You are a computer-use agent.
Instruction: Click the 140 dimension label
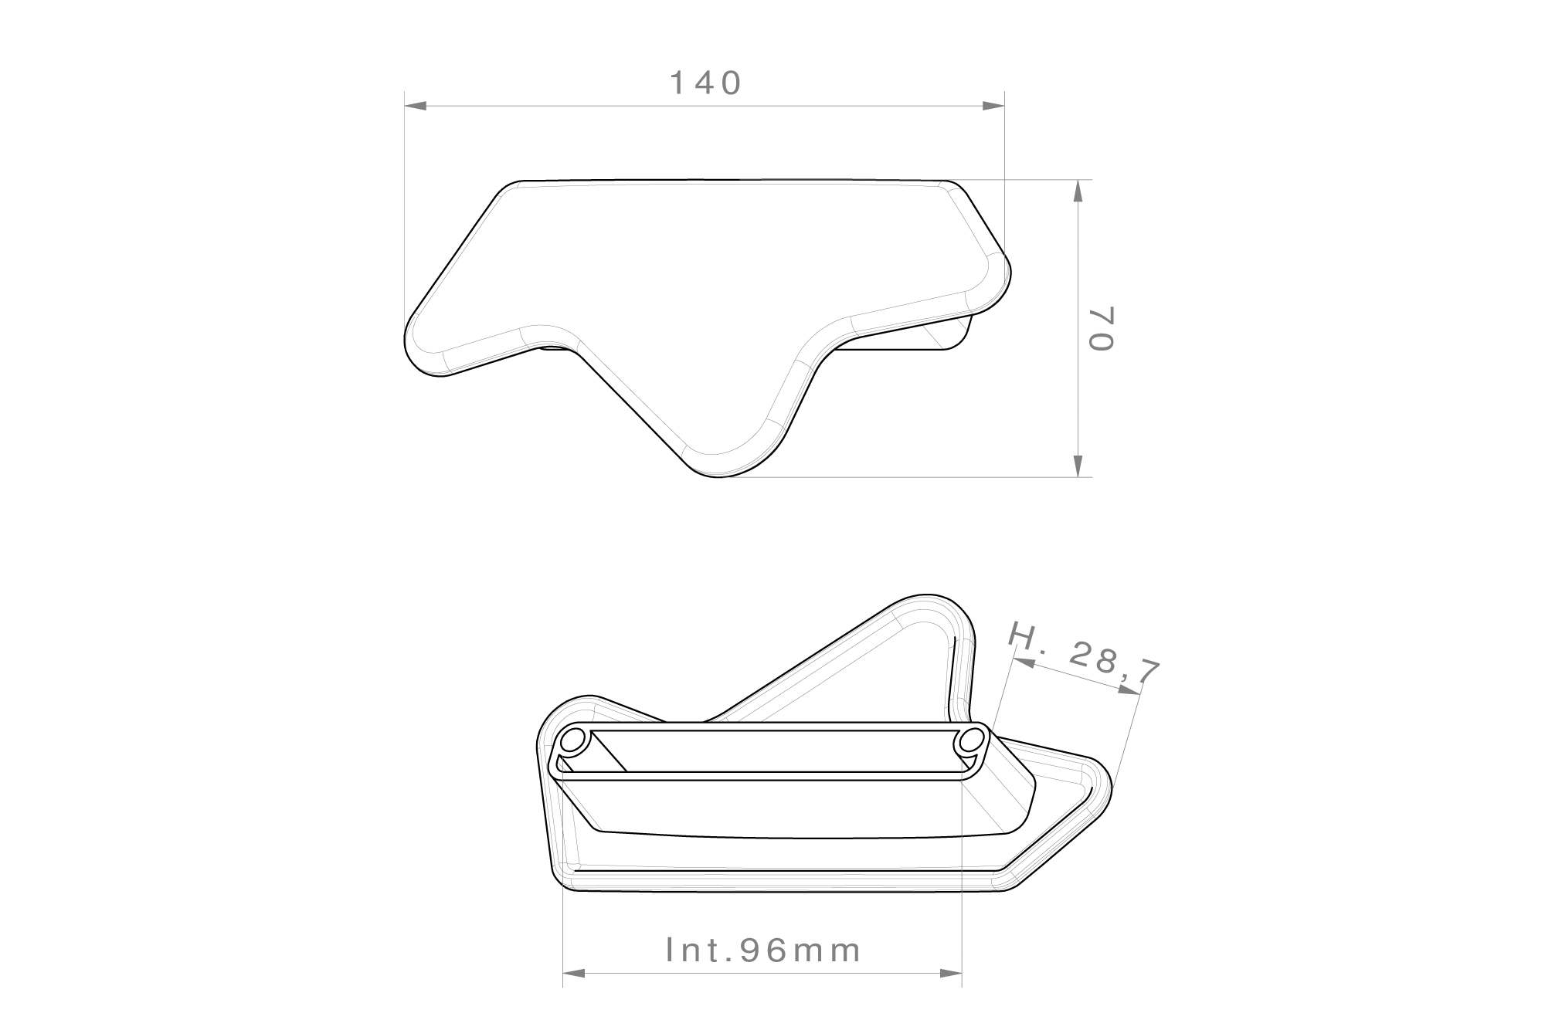click(x=705, y=83)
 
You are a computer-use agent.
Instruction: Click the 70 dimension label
click(x=1102, y=329)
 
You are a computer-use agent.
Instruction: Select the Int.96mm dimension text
click(x=763, y=950)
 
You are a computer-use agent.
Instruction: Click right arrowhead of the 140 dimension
click(x=993, y=105)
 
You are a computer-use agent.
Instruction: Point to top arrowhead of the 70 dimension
click(x=1078, y=191)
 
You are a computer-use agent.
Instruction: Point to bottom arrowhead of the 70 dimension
click(x=1078, y=466)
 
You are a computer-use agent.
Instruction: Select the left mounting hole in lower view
click(x=573, y=742)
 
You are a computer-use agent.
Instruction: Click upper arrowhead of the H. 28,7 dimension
click(x=1024, y=663)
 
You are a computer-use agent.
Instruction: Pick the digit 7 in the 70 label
click(x=1102, y=316)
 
